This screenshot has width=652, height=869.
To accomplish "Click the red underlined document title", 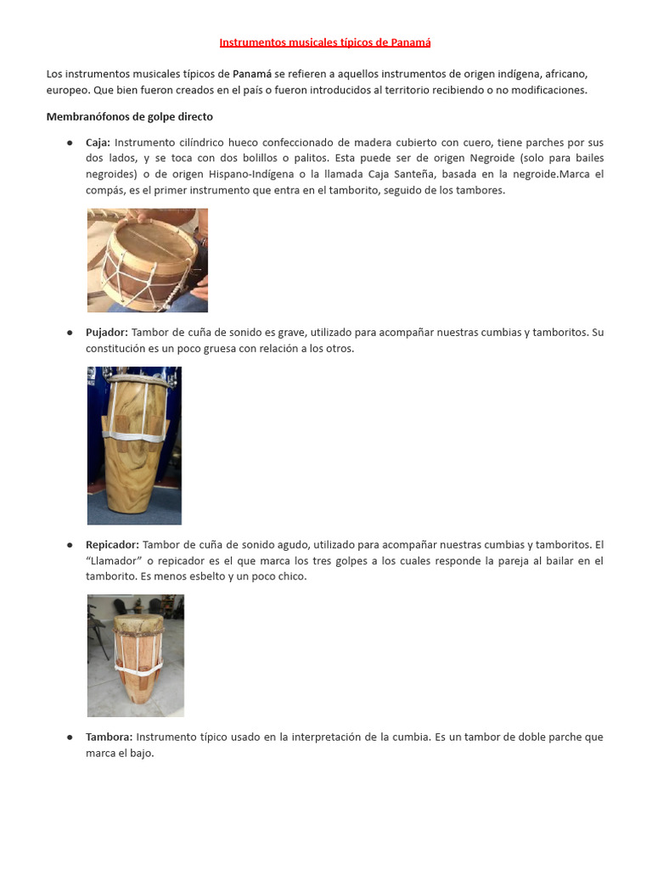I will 325,42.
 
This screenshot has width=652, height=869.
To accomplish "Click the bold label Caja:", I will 98,143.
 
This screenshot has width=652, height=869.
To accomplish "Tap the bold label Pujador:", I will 106,333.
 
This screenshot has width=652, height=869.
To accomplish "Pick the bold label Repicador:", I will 111,545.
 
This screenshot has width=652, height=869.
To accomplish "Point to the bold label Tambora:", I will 109,737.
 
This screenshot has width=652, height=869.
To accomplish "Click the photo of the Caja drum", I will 148,260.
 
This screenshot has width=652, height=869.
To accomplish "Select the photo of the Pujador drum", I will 134,445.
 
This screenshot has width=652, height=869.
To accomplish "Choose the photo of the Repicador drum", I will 136,655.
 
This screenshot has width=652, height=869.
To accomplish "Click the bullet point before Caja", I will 70,143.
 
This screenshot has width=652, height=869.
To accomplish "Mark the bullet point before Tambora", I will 70,737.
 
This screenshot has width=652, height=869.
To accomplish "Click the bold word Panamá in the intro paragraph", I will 252,74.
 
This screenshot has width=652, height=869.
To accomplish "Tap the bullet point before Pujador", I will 70,333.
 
